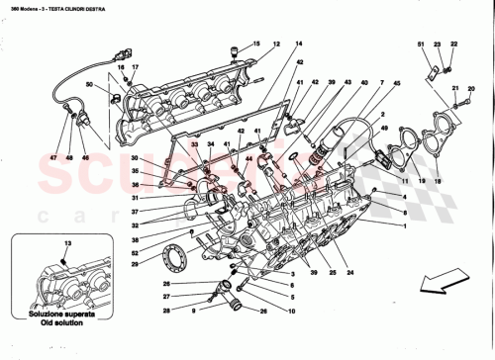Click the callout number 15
tap(253, 45)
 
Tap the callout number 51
tap(419, 45)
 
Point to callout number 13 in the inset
tap(67, 241)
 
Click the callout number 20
tap(470, 89)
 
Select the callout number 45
tap(398, 83)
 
